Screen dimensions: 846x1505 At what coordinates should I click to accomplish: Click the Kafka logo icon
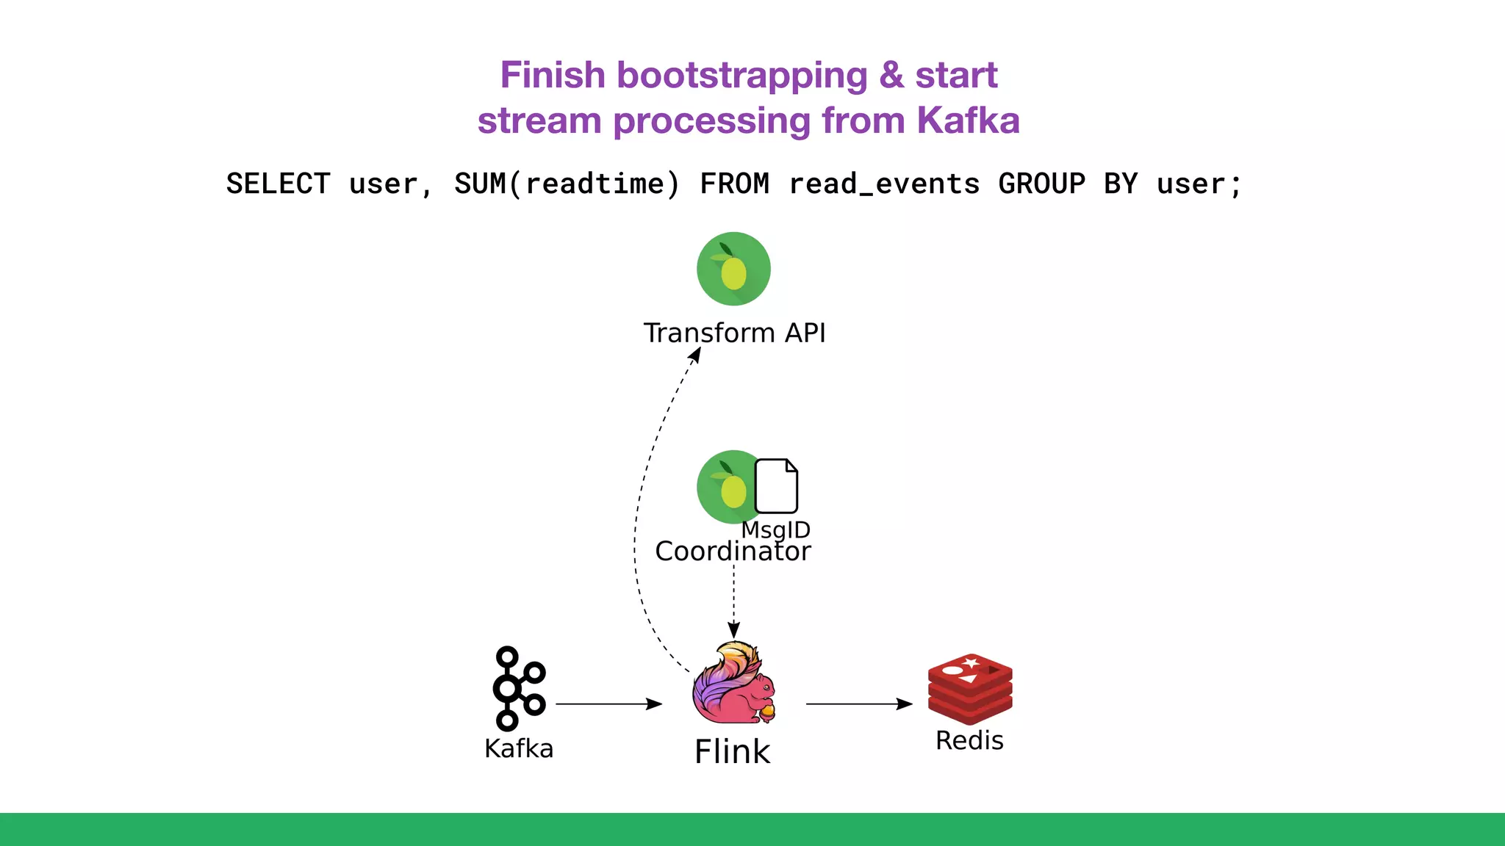(x=518, y=688)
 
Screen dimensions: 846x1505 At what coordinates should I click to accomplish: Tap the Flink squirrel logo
(x=733, y=683)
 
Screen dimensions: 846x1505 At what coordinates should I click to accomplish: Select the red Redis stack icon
(x=970, y=688)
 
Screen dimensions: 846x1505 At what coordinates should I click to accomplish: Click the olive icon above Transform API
(x=733, y=269)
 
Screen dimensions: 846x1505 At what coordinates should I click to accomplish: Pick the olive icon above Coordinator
(x=724, y=487)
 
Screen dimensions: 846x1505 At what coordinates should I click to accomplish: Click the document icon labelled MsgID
(x=776, y=486)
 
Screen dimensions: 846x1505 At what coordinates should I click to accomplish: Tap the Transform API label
(x=734, y=333)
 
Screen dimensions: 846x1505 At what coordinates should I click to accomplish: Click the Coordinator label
(x=733, y=552)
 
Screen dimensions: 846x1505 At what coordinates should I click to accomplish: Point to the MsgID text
(x=776, y=529)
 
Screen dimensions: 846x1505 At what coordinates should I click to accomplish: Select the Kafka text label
(x=519, y=748)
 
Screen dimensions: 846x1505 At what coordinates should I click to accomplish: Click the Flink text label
(x=732, y=751)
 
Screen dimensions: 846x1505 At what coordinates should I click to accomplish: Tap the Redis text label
(x=969, y=740)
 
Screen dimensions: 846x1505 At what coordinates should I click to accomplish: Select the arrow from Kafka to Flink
(x=608, y=704)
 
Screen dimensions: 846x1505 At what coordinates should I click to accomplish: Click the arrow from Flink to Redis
(x=858, y=704)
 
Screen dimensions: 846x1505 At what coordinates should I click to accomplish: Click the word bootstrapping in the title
(x=742, y=76)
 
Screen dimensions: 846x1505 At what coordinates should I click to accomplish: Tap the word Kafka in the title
(x=968, y=120)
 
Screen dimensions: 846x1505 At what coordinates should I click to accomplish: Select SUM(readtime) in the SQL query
(x=567, y=184)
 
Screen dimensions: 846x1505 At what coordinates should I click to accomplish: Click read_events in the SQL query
(x=884, y=184)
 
